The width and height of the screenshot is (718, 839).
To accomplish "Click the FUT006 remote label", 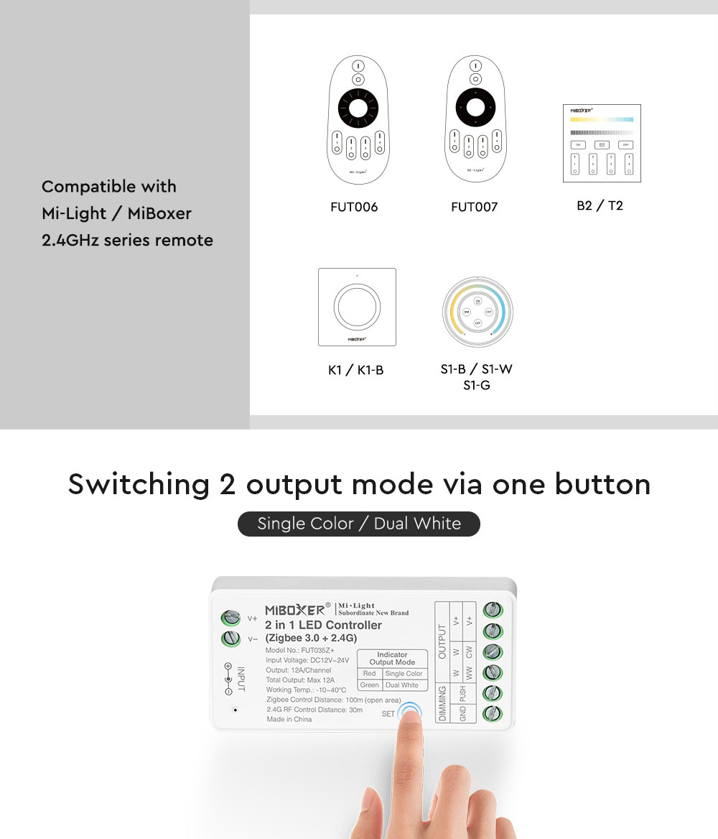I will [354, 207].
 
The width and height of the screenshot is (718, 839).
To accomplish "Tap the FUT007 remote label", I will [474, 207].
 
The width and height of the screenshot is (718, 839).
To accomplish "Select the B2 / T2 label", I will [600, 205].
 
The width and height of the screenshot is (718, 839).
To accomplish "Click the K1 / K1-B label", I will [355, 370].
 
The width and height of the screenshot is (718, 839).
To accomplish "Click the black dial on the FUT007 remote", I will [475, 109].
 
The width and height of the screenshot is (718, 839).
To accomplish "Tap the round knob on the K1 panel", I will [357, 306].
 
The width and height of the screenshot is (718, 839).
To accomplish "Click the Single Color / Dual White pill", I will [359, 524].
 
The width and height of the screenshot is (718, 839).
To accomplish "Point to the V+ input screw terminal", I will [231, 618].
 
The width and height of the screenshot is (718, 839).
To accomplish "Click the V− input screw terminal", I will [231, 639].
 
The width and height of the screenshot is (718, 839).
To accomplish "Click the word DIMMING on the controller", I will [442, 703].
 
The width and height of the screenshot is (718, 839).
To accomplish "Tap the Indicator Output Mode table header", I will [392, 659].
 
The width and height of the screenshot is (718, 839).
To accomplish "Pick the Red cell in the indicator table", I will [369, 674].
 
